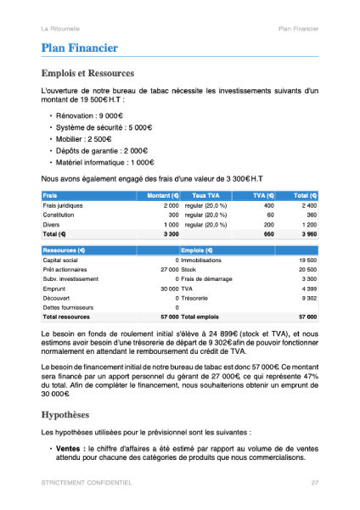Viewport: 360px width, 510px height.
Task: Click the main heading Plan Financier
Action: (79, 48)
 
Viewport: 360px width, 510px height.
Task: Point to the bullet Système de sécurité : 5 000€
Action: (101, 127)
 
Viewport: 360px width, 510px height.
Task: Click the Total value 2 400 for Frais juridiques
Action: (308, 206)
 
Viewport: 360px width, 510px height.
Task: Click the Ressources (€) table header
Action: (65, 250)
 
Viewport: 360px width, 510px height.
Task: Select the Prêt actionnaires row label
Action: (67, 269)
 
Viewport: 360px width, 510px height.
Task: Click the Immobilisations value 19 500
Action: (307, 260)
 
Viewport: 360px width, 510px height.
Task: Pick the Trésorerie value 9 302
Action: (307, 297)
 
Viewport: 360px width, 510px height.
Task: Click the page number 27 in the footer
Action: (314, 482)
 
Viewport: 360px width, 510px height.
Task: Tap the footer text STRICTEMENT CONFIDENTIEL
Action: (86, 482)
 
